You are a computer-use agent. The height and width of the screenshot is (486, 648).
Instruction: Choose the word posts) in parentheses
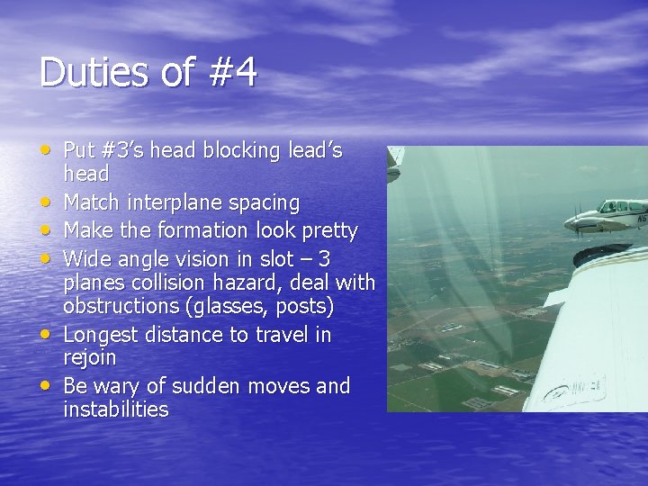[309, 306]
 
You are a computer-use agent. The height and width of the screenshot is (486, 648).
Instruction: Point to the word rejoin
[89, 357]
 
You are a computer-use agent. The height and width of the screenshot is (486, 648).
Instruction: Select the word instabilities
[116, 409]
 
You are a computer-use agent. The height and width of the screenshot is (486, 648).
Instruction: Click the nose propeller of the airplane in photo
[577, 219]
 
